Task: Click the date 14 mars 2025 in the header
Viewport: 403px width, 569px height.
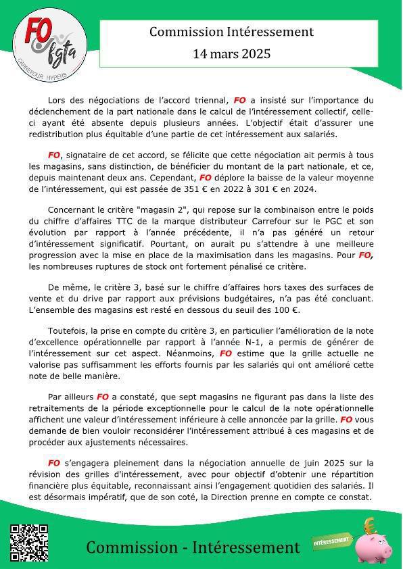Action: tap(231, 53)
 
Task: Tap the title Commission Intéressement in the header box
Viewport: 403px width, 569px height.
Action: tap(231, 32)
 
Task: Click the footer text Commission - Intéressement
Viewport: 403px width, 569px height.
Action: tap(193, 547)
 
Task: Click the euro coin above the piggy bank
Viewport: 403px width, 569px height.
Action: tap(369, 524)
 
